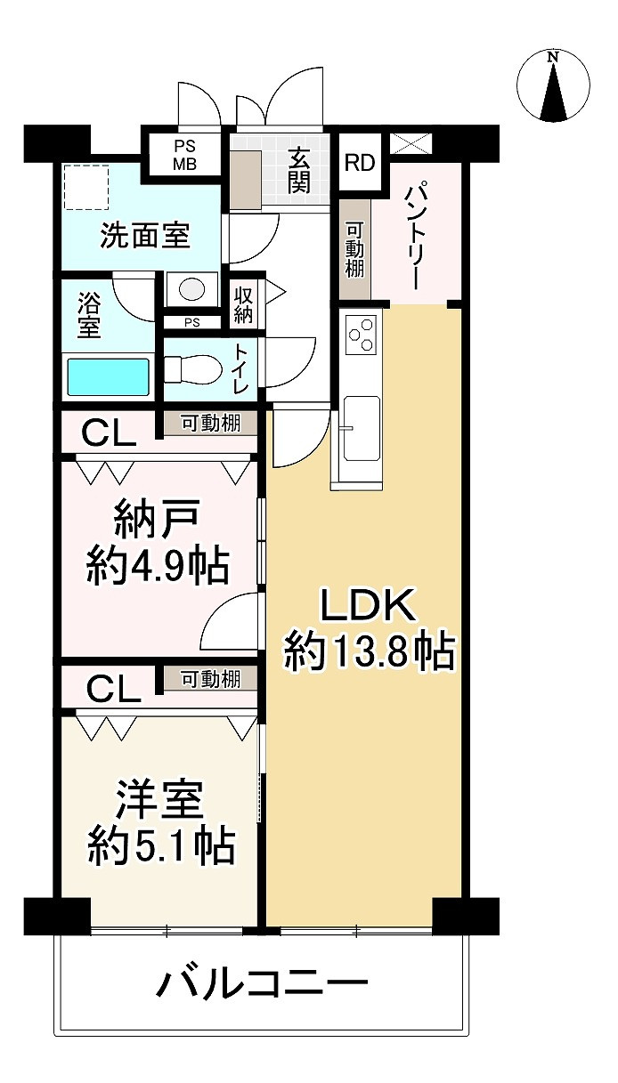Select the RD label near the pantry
pyautogui.click(x=360, y=163)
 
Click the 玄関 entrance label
pyautogui.click(x=297, y=171)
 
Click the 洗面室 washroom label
pyautogui.click(x=143, y=237)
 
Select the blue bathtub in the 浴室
pyautogui.click(x=108, y=376)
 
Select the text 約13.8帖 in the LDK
pyautogui.click(x=369, y=653)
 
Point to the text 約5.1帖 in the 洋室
pyautogui.click(x=160, y=845)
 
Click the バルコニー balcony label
pyautogui.click(x=263, y=984)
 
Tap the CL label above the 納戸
pyautogui.click(x=109, y=434)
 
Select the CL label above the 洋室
pyautogui.click(x=112, y=688)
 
